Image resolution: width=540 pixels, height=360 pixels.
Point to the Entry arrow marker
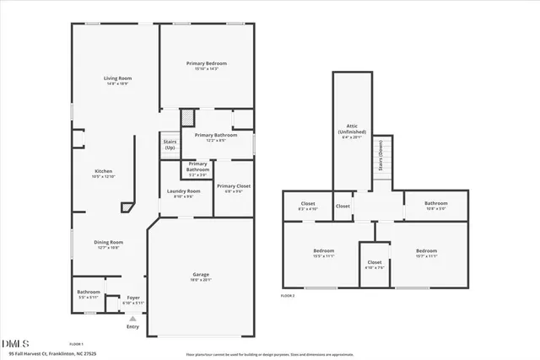(x=132, y=318)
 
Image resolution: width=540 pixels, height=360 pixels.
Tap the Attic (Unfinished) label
(x=352, y=131)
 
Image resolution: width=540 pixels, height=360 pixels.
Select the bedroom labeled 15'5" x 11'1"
(x=324, y=253)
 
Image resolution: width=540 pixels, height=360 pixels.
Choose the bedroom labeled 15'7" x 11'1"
(x=426, y=253)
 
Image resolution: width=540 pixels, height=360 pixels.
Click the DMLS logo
(x=15, y=343)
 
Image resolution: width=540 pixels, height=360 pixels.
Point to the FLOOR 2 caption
(x=289, y=297)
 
